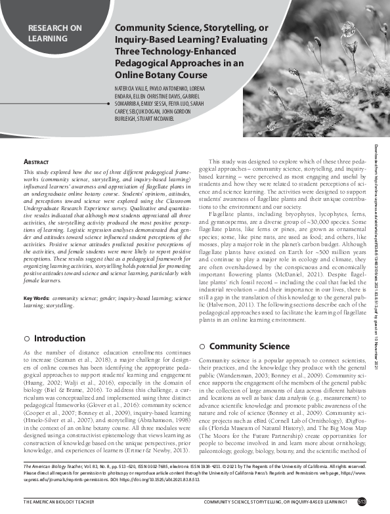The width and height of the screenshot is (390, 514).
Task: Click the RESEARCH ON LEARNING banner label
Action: (55, 33)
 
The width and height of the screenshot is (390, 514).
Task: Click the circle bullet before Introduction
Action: (26, 339)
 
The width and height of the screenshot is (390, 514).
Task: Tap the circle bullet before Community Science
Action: (203, 346)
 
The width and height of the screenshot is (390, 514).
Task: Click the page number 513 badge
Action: (380, 502)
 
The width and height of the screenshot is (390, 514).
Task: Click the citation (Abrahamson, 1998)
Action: (156, 426)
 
